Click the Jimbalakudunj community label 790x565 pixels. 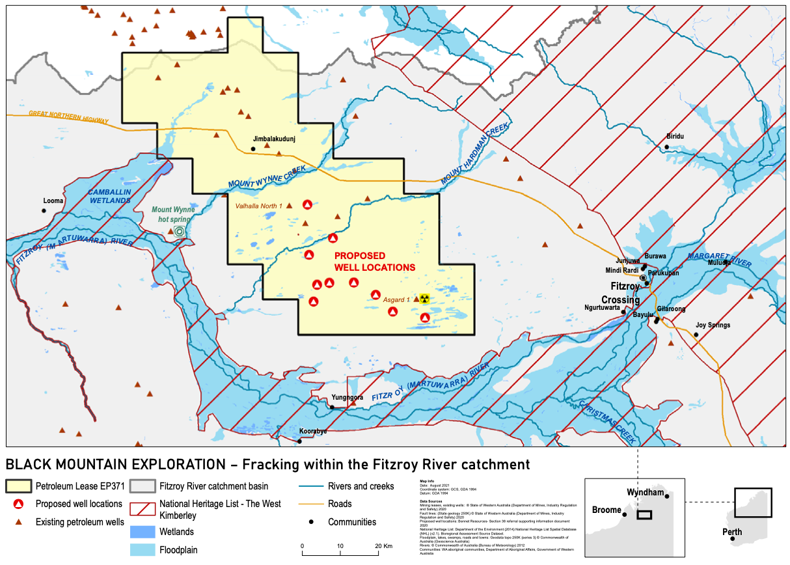point(277,139)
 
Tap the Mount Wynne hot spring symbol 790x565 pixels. point(180,231)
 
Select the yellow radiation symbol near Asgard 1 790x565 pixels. point(424,299)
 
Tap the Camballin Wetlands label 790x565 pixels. point(110,197)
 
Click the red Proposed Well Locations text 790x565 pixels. point(374,262)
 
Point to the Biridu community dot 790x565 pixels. point(667,147)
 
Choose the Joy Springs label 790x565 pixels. point(713,325)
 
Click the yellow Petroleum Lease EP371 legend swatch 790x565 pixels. point(18,486)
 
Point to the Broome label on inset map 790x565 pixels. point(607,510)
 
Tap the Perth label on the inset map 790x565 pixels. point(731,532)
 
